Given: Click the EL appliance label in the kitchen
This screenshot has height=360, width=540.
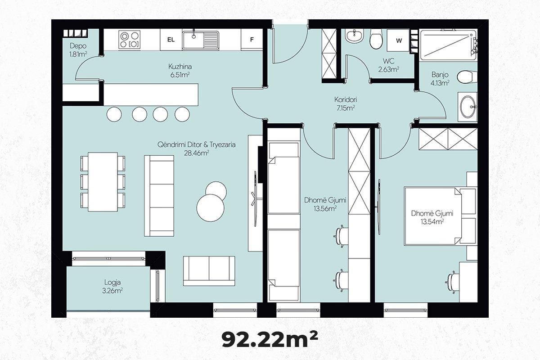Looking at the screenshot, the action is [x=171, y=40].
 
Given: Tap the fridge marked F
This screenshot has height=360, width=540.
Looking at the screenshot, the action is [x=252, y=40].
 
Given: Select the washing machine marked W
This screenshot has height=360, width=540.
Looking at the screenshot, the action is [x=399, y=40].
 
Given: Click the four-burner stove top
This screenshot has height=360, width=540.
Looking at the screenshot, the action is [x=130, y=40].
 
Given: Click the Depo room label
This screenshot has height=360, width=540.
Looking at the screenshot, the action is [x=78, y=45].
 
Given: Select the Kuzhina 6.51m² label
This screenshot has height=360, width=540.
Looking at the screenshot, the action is [x=180, y=71].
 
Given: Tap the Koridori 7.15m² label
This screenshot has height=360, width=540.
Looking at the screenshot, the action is [x=346, y=103].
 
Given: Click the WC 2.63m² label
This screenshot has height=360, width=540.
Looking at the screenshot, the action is [x=388, y=65].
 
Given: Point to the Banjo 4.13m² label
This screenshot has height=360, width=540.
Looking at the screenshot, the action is [x=440, y=79].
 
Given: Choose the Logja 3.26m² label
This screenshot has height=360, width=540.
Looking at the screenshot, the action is [x=112, y=287].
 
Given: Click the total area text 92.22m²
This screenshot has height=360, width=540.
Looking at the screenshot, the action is [x=270, y=339].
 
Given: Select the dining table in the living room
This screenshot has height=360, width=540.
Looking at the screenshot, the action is [x=103, y=182].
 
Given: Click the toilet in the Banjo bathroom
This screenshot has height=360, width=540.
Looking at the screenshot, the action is [x=467, y=77].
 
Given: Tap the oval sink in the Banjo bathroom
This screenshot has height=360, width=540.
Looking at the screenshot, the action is [x=468, y=107].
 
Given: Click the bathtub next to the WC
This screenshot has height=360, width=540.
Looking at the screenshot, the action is [x=448, y=45].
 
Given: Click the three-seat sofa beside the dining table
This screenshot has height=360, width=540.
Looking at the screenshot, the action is [x=159, y=196].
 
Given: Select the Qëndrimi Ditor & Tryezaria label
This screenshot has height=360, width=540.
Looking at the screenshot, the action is [x=197, y=145].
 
